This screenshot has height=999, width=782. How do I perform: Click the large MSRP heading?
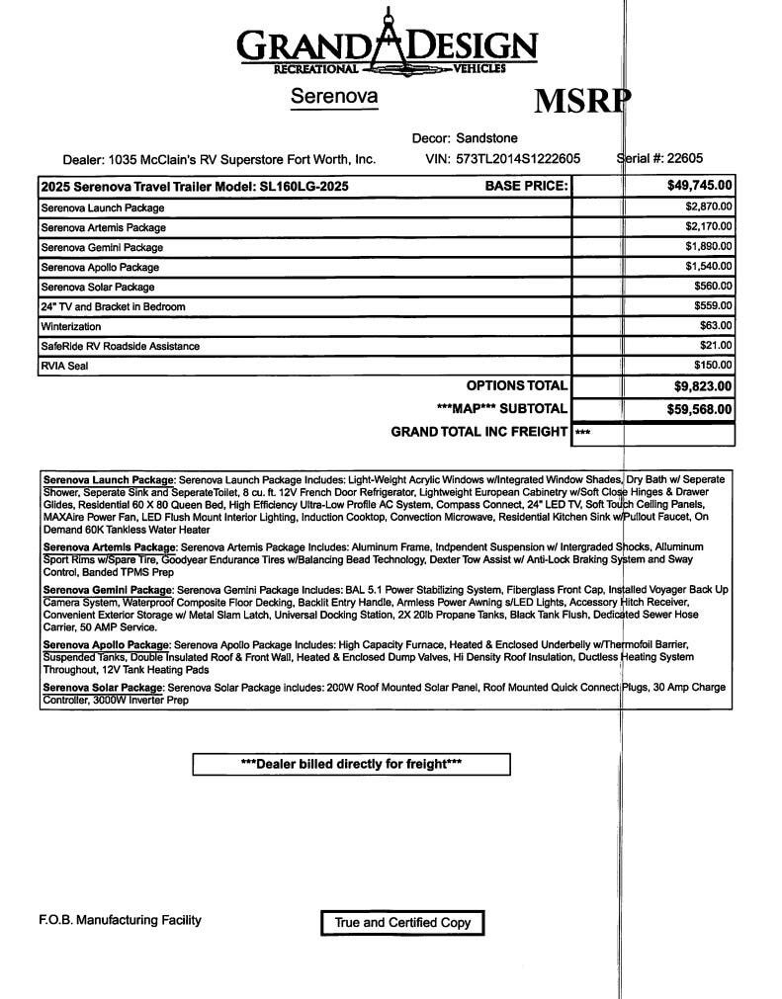(x=582, y=101)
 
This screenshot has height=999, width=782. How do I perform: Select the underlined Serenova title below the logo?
(x=334, y=97)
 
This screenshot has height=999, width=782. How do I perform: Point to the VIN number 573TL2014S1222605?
(x=517, y=158)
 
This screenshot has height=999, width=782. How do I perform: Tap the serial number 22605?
(x=685, y=158)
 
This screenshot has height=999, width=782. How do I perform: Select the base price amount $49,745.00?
(x=700, y=185)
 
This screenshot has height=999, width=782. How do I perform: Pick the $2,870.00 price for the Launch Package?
(x=709, y=207)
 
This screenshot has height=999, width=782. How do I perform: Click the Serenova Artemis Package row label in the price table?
(x=103, y=227)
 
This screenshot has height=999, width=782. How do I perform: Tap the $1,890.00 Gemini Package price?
(x=709, y=246)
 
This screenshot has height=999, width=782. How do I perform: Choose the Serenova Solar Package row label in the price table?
(x=97, y=287)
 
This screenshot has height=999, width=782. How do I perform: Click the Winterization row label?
(x=70, y=326)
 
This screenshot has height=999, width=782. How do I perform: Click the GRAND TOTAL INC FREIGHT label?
(x=479, y=432)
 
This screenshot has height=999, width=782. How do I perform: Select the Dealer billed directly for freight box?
(x=351, y=764)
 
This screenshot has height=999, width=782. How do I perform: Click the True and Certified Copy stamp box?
(x=402, y=923)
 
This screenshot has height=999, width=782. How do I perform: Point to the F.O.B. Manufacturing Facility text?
(x=120, y=920)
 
